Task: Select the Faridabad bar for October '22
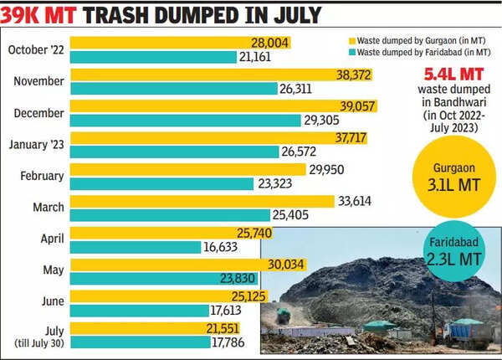pyautogui.click(x=151, y=57)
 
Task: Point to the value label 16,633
pyautogui.click(x=226, y=247)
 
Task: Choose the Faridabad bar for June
pyautogui.click(x=134, y=311)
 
